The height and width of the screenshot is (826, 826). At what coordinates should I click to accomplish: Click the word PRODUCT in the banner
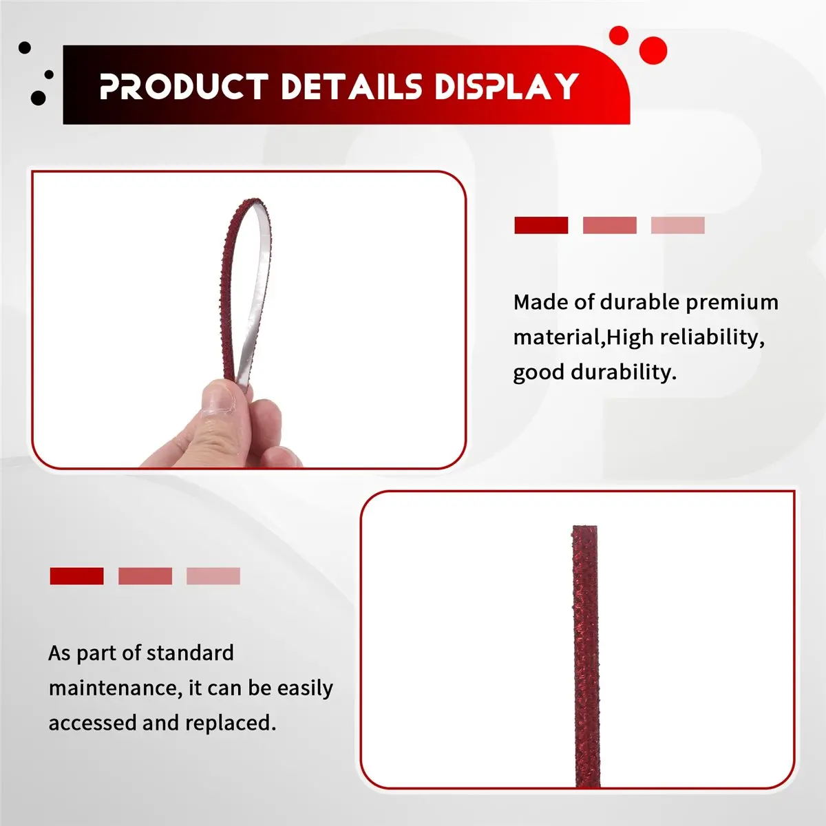tap(183, 87)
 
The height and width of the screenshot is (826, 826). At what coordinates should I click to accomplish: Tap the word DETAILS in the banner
tap(351, 87)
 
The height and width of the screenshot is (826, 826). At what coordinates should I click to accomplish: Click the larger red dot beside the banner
tap(653, 50)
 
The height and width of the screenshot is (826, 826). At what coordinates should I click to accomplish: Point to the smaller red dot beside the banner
tap(619, 35)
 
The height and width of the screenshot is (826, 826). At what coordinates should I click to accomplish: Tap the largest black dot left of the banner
tap(39, 98)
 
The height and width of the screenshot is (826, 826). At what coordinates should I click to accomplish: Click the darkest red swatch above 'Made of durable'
tap(541, 225)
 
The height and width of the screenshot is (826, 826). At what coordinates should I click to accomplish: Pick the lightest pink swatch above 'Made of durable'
tap(677, 225)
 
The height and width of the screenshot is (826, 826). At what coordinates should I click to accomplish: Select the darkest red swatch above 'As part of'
tap(76, 576)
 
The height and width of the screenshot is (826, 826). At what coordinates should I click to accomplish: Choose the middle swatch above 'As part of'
tap(145, 576)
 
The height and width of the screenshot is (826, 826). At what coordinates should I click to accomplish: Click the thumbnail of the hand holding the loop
tap(248, 320)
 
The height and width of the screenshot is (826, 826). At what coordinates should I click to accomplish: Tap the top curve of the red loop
tap(248, 203)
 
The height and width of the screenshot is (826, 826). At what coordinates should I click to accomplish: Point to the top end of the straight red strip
tap(584, 531)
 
